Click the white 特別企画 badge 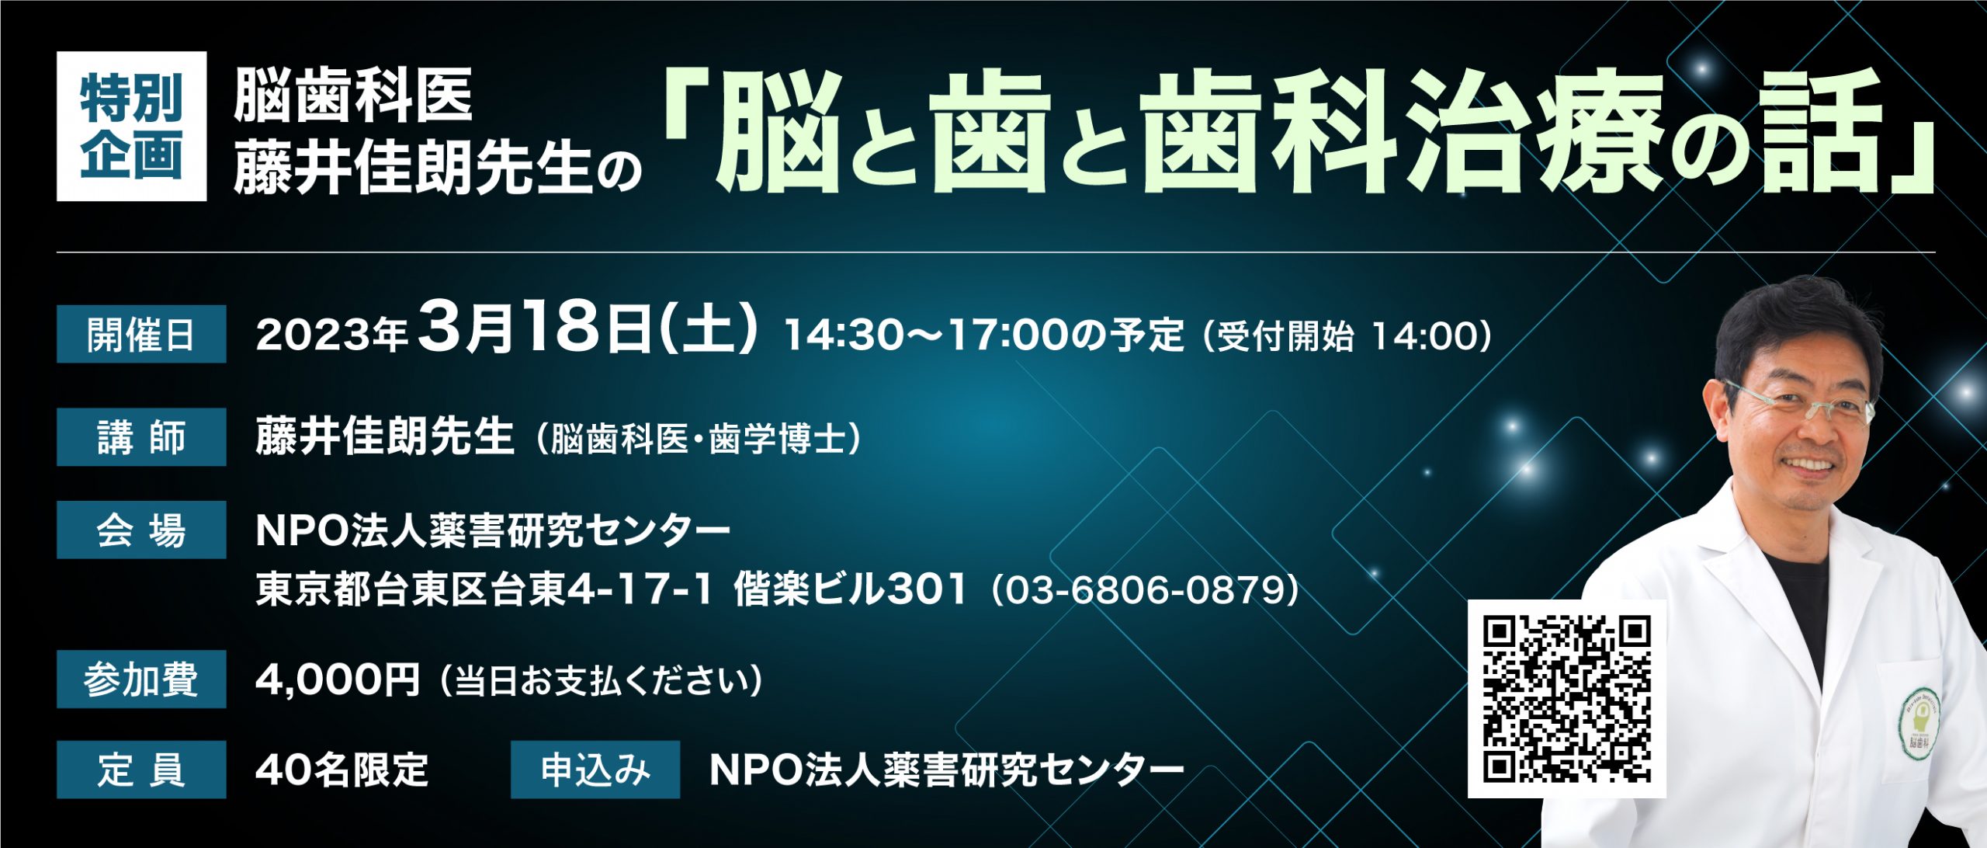(131, 126)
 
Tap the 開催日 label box (141, 334)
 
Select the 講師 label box (141, 436)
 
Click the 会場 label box (141, 530)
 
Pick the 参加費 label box (141, 679)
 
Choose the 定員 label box (141, 770)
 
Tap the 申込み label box (595, 770)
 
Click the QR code (1567, 699)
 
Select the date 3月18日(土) (588, 328)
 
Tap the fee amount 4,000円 (338, 679)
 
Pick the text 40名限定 (342, 770)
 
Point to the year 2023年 (332, 335)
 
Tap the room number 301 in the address (928, 589)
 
